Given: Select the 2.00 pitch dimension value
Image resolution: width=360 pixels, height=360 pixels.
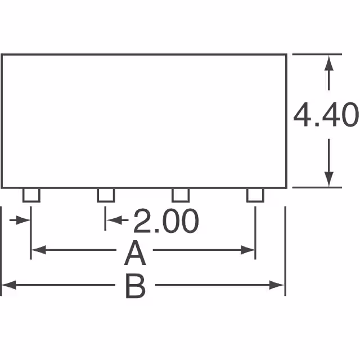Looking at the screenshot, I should [166, 222].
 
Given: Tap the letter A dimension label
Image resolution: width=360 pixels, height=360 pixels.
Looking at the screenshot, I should [135, 254].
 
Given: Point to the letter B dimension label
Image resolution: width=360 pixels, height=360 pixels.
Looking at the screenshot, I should [135, 287].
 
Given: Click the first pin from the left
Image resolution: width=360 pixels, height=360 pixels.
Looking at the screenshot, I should [31, 195].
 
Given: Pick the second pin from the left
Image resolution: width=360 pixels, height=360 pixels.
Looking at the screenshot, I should [106, 195].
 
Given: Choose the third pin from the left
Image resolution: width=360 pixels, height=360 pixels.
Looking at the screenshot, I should [180, 195].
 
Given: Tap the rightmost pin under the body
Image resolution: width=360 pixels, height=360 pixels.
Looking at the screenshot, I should [255, 195].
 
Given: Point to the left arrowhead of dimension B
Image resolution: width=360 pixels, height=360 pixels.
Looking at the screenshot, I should [7, 285].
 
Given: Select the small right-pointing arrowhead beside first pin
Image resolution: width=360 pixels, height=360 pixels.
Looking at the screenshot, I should [24, 220].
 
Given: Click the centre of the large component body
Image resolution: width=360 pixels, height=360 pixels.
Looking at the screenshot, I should [144, 121].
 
